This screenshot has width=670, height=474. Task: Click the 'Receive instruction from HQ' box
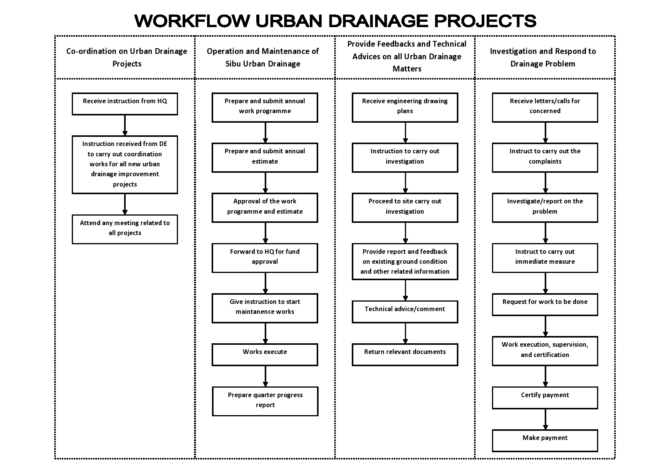pos(125,104)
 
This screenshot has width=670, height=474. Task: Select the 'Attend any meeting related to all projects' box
pos(125,229)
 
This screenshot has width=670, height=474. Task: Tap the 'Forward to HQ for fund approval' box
pos(265,258)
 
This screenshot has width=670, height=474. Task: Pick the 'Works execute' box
pos(265,355)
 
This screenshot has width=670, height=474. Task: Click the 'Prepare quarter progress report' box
pos(265,401)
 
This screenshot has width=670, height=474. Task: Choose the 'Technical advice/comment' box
pos(405,312)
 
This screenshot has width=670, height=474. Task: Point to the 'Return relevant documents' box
pos(405,355)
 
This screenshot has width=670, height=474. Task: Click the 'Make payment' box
pos(545,441)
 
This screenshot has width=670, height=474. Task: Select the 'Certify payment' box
pos(545,398)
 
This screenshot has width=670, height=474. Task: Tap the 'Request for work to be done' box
pos(545,305)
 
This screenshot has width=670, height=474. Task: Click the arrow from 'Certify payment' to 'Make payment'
pos(545,419)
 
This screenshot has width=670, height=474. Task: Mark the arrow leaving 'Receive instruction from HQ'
pos(125,125)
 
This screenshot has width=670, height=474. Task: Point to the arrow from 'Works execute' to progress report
pos(265,377)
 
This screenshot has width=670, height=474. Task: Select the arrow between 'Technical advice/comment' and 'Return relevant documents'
pos(406,333)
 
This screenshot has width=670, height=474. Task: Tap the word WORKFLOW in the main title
pos(193,21)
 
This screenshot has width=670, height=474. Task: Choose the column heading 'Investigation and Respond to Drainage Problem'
pos(543,57)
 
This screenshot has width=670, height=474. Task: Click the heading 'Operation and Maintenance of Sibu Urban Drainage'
pos(263,57)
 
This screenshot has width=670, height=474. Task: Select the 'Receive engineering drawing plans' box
pos(405,107)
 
